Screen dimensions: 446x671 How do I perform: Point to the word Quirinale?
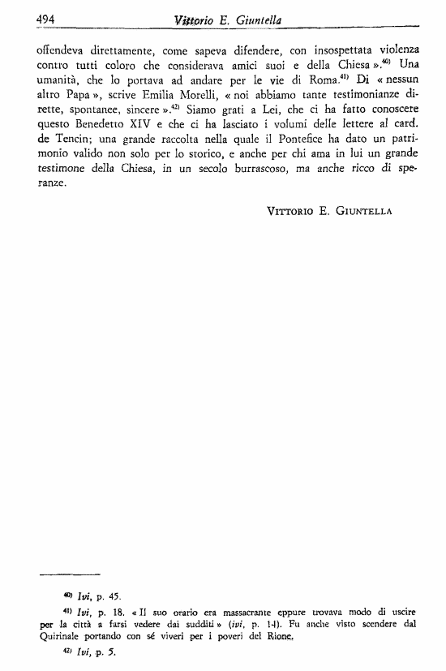click(62, 637)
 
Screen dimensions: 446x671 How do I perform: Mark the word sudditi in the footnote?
click(208, 625)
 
